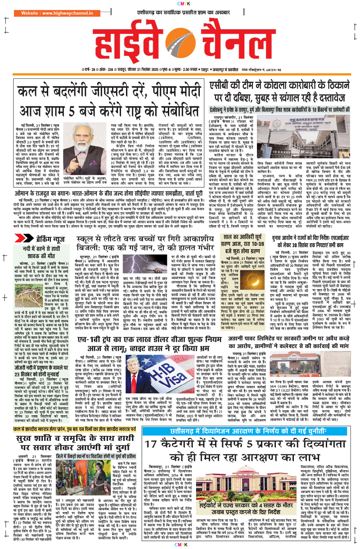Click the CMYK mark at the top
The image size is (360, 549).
(x=180, y=4)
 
